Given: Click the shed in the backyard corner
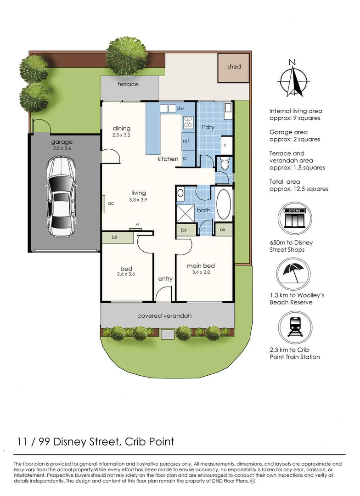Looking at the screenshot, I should pos(234,68).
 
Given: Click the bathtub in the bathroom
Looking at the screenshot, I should pos(225,204).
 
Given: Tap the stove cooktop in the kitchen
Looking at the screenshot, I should pos(187,122).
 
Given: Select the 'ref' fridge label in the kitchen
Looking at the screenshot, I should pos(186,141).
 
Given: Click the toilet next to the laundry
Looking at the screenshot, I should pos(225,163).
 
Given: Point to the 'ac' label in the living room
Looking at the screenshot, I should pos(111,203).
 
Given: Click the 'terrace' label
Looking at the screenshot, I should pos(128,85).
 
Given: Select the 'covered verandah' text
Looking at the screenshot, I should pos(164,316).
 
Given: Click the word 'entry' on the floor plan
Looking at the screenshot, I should pos(165,279).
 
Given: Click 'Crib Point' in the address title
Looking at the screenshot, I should pos(149,442).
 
